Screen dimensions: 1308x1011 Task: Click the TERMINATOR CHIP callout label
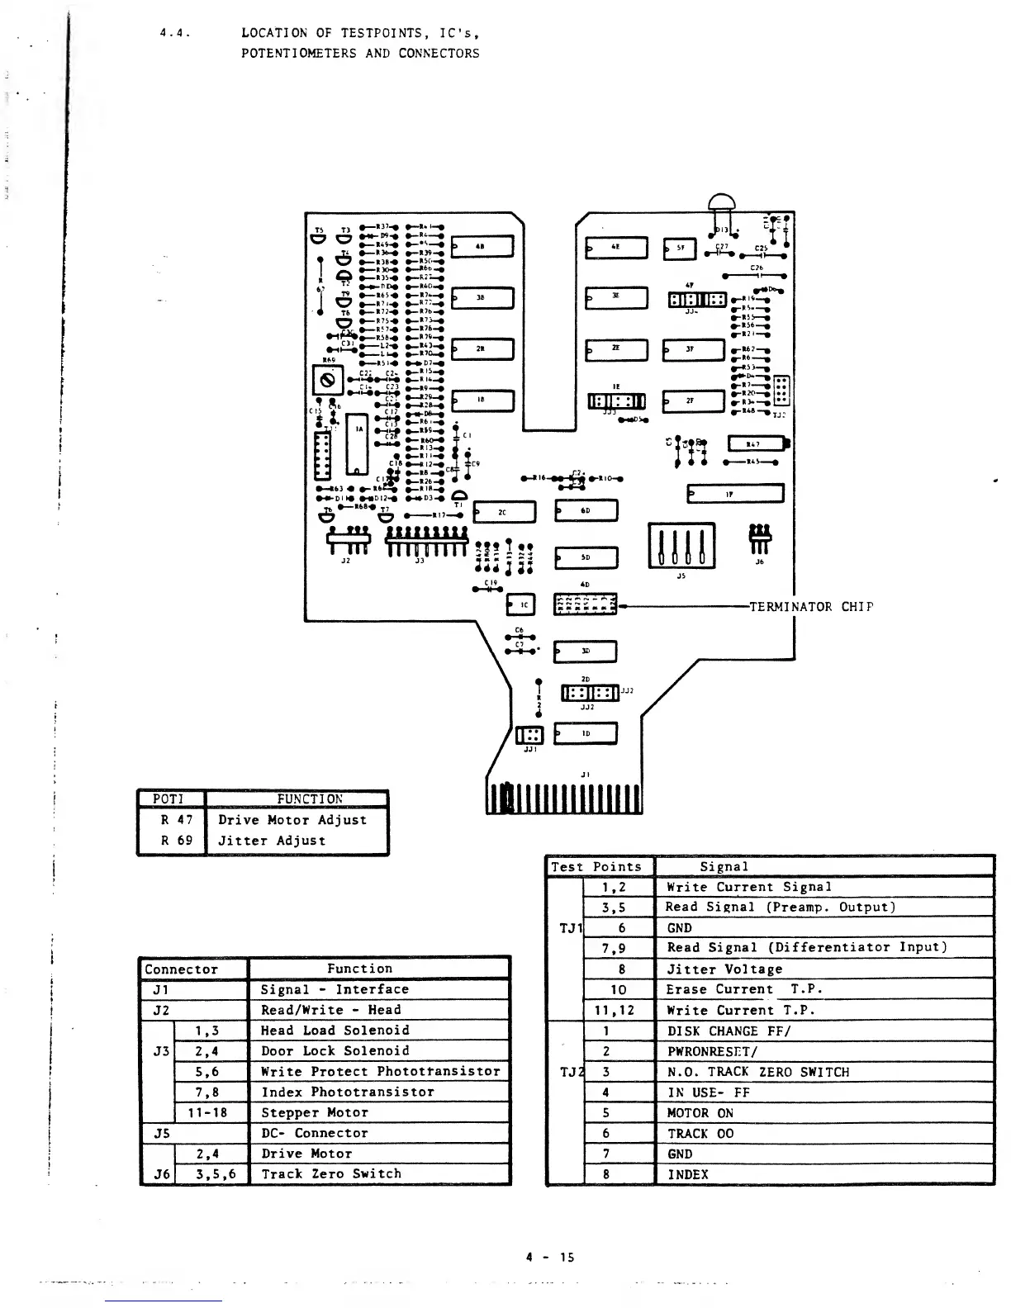(x=810, y=607)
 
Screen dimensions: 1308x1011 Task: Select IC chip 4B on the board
(x=482, y=246)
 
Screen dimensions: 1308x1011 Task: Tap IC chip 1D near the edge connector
(x=586, y=733)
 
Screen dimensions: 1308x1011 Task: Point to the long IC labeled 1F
(x=735, y=494)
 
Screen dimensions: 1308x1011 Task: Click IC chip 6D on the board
(x=586, y=511)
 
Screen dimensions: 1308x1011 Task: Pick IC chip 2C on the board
(x=504, y=513)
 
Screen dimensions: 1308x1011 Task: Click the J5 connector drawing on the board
(x=681, y=545)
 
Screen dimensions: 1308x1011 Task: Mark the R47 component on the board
(x=755, y=444)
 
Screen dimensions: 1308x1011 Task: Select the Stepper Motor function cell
(x=378, y=1112)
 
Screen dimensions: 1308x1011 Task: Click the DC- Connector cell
(x=378, y=1133)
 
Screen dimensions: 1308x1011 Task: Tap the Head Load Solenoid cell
(x=378, y=1031)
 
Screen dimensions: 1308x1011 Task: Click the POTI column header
(x=169, y=799)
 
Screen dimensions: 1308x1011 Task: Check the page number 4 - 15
(x=549, y=1258)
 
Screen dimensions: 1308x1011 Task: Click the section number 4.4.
(x=175, y=34)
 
